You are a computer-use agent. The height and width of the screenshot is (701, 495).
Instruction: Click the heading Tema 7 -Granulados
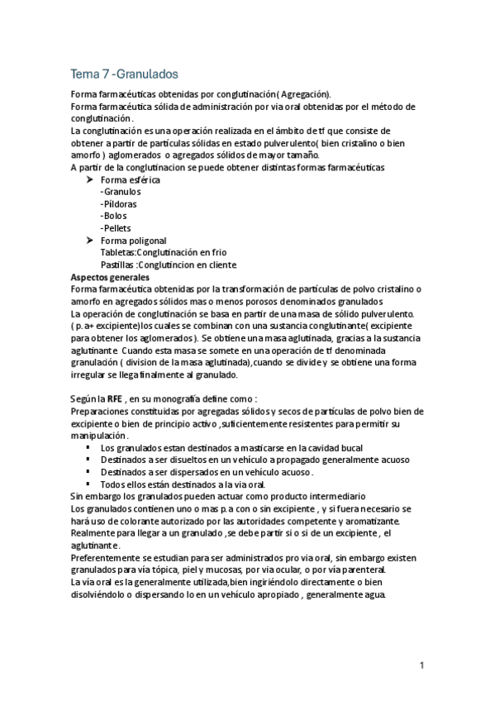coord(124,74)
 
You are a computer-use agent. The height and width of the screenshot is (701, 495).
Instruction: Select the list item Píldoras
coord(119,203)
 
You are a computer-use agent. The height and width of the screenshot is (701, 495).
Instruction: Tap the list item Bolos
coord(115,216)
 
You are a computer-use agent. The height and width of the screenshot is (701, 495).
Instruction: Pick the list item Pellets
coord(117,228)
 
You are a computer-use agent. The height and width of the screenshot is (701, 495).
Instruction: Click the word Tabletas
coord(117,252)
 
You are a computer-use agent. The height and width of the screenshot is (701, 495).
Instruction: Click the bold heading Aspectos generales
coord(109,277)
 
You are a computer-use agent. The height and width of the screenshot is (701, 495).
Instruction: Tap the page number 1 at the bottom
coord(421,665)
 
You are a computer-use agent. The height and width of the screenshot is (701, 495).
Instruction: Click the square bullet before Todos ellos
coord(88,484)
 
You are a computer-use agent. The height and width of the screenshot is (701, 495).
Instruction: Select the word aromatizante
coord(369,522)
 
